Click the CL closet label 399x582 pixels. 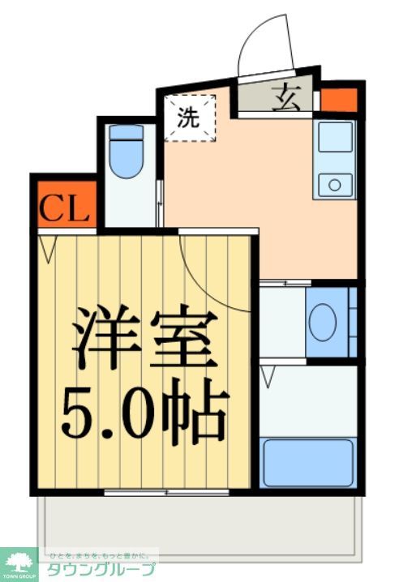64,208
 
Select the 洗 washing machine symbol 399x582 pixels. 189,118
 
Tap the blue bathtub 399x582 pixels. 308,462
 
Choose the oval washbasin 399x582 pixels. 323,322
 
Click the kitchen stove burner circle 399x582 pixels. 334,185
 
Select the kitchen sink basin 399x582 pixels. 334,138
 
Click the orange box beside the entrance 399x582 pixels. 338,101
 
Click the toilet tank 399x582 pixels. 126,132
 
